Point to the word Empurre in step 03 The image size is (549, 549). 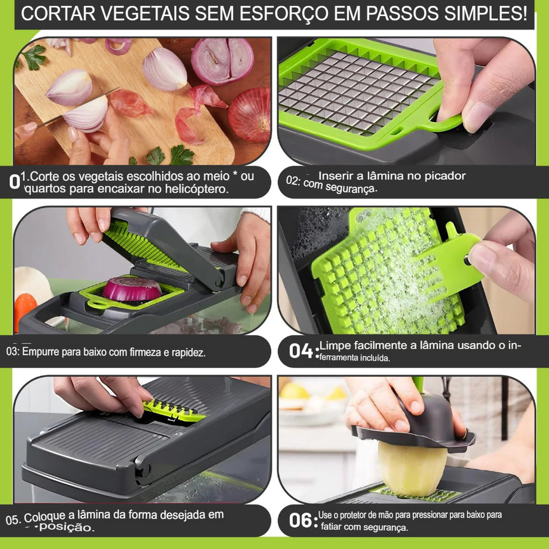(41, 352)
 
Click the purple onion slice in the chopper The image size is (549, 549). (132, 289)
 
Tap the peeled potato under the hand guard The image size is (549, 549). (412, 469)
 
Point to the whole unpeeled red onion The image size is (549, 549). (250, 114)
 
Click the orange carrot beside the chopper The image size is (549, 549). (24, 309)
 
